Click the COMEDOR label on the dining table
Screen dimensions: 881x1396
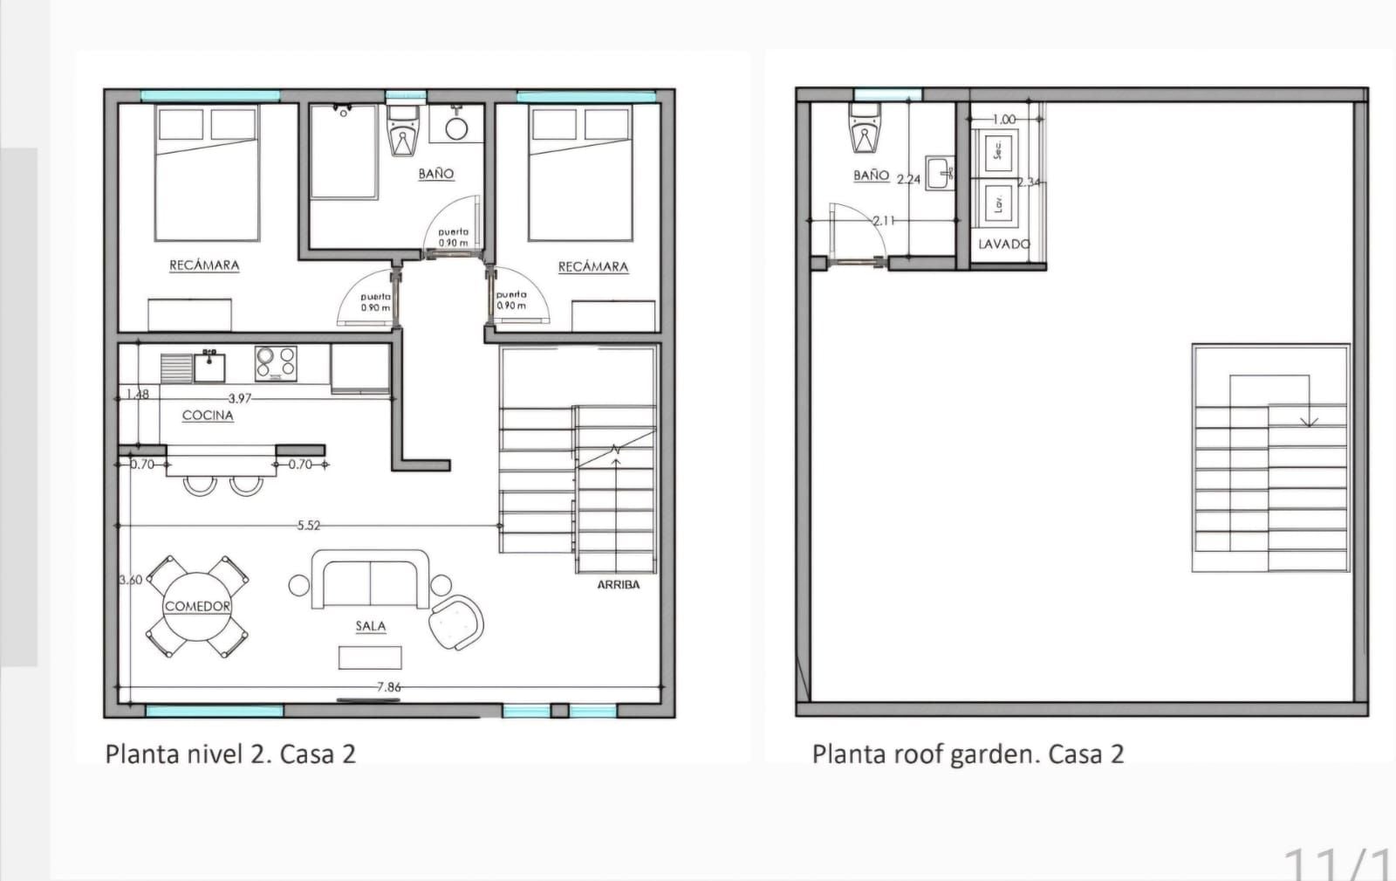198,606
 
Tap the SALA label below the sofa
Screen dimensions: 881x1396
371,626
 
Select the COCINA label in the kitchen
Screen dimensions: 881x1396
208,416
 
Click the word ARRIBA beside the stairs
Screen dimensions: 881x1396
619,585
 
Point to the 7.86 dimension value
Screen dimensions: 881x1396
389,687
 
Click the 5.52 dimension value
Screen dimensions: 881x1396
309,526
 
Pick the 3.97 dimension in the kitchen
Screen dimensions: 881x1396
240,398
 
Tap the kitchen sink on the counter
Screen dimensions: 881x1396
209,367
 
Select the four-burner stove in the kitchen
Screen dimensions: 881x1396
276,363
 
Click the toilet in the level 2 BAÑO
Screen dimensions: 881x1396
402,132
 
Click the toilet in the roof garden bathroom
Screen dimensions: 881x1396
865,129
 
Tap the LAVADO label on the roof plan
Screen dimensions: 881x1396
1004,244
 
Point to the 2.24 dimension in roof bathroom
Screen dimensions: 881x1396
909,180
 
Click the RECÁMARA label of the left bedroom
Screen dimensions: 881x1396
204,265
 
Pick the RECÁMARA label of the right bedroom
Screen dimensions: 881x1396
593,267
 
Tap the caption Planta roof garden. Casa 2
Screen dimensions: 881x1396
968,754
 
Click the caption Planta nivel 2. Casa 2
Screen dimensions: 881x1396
230,754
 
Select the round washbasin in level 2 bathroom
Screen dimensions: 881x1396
456,128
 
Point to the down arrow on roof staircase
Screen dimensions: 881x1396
1309,420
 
